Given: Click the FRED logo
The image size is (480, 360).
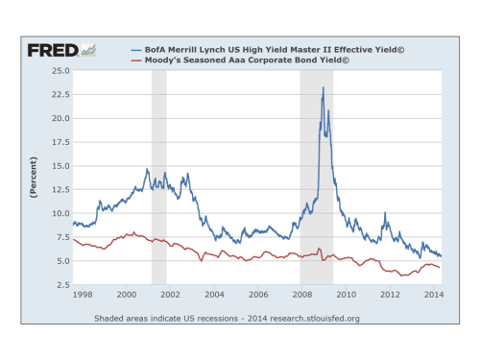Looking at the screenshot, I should coord(52,49).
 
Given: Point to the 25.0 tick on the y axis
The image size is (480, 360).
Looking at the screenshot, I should coord(60,71).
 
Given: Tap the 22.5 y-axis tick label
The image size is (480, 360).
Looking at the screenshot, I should coord(60,94).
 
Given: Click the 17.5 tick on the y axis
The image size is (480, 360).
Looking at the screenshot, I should coord(60,142).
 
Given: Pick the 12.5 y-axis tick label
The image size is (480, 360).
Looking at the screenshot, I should coord(60,189).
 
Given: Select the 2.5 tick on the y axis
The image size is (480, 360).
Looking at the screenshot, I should coord(61,284).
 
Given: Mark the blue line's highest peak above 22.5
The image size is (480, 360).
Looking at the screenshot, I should coord(323,88).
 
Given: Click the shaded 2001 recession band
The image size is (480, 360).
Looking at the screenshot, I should coord(159,178).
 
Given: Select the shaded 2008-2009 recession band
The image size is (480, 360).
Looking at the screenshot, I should coord(316,178).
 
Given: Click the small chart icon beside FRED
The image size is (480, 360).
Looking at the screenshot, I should coord(88,49).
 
